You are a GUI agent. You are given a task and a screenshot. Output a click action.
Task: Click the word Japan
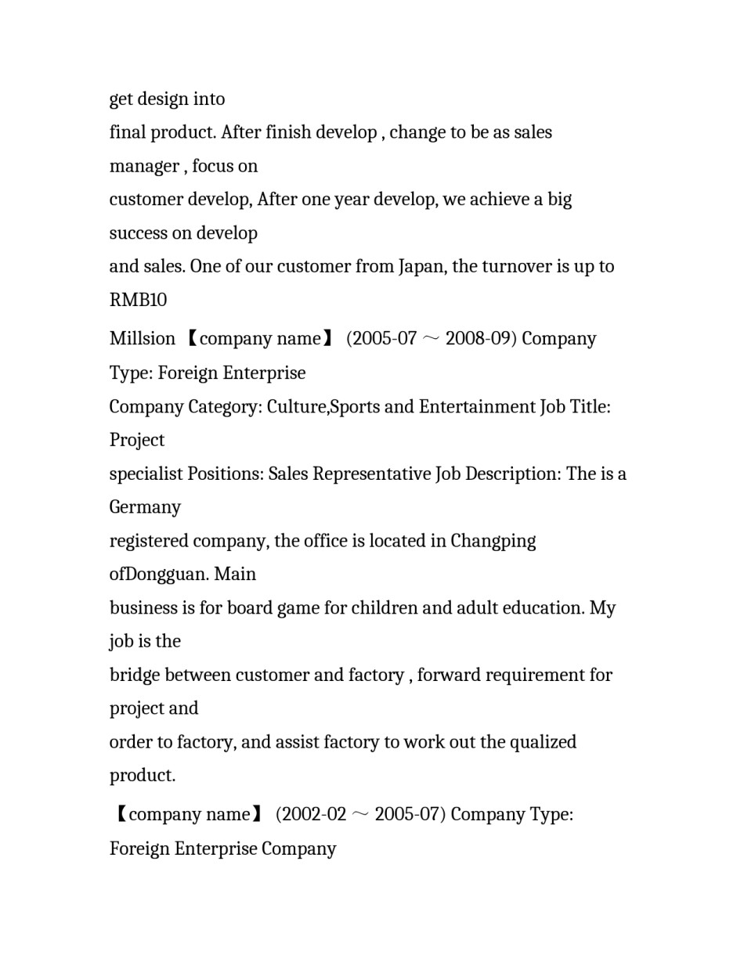click(421, 267)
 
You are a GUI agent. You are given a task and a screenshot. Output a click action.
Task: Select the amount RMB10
click(138, 301)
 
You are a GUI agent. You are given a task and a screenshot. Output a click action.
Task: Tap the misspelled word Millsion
click(142, 339)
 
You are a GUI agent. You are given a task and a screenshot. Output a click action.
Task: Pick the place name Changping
click(493, 542)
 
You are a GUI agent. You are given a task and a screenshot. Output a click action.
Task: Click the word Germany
click(145, 507)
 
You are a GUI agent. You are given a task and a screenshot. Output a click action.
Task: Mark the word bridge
click(134, 676)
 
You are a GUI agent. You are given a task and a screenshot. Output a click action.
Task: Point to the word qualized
click(543, 742)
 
